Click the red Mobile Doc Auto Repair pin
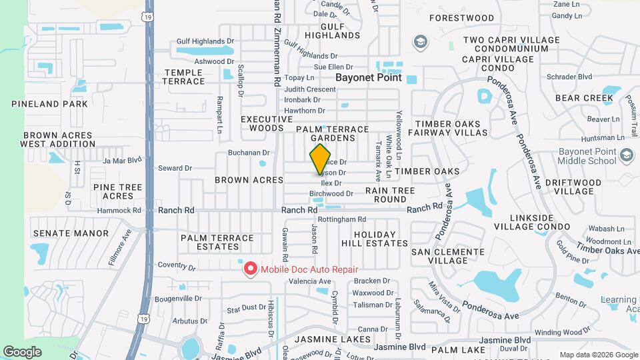click(251, 269)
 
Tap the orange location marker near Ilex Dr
click(321, 159)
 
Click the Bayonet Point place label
click(369, 77)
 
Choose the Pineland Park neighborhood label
click(49, 104)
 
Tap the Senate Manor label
click(71, 233)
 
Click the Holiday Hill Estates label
click(371, 239)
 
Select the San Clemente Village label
click(448, 256)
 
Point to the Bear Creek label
click(584, 98)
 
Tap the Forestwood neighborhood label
click(462, 18)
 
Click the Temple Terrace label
click(184, 77)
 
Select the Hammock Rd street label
click(119, 210)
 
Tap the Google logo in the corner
click(23, 351)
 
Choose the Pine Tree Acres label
click(118, 191)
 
